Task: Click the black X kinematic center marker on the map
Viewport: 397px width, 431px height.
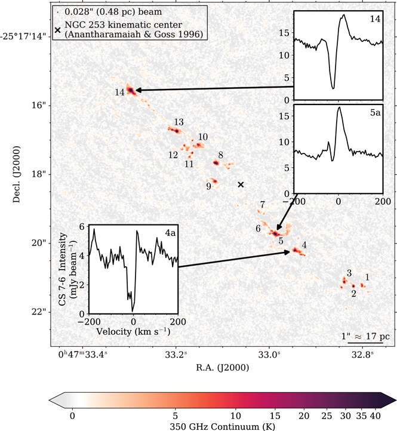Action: (241, 184)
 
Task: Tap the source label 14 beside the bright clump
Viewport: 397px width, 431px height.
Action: (119, 93)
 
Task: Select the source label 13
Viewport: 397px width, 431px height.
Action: (179, 122)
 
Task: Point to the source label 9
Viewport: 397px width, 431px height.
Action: (209, 186)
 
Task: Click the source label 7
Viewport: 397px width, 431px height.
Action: (263, 205)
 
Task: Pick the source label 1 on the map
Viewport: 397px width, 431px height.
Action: (367, 277)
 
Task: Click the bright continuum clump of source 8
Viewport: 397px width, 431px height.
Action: (216, 163)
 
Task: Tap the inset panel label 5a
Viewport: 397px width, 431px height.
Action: (376, 112)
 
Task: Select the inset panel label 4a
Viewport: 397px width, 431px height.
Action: (170, 233)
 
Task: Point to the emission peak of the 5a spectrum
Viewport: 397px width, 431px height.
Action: (339, 107)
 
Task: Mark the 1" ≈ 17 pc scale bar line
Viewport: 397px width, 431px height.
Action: (365, 343)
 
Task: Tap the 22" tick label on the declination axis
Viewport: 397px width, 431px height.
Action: (39, 312)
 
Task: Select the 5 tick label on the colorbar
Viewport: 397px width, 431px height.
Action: (176, 415)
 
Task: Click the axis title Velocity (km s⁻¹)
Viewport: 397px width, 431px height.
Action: (133, 331)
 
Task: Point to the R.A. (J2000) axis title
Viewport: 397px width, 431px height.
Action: (223, 368)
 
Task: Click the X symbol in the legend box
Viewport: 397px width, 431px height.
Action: (57, 30)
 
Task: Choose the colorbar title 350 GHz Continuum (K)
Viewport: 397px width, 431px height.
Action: (223, 427)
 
